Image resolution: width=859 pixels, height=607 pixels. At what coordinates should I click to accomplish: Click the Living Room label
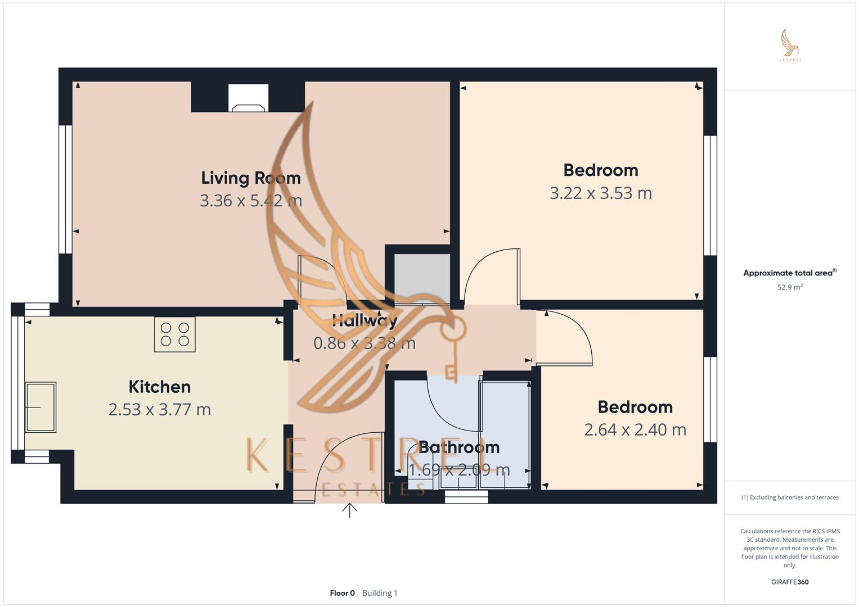(251, 178)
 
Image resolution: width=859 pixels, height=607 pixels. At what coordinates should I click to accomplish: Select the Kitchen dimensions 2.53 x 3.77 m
(160, 410)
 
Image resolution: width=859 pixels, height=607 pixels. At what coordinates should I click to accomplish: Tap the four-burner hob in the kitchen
(175, 334)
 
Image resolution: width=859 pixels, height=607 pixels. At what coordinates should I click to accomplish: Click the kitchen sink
(41, 407)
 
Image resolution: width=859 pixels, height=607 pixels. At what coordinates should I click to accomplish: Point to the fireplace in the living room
(248, 98)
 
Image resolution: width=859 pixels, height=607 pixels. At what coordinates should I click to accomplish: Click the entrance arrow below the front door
(350, 510)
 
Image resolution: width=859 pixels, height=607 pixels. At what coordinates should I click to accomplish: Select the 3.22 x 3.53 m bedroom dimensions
(601, 193)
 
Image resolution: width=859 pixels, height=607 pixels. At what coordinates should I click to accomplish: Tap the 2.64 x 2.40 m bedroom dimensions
(635, 430)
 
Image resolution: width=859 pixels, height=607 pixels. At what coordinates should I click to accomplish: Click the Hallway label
(365, 321)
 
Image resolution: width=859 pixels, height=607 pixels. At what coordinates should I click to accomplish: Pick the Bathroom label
(459, 447)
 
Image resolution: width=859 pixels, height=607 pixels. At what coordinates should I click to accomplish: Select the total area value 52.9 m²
(790, 287)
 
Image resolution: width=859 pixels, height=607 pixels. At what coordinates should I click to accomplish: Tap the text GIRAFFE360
(790, 582)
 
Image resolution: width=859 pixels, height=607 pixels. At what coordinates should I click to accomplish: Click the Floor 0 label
(342, 593)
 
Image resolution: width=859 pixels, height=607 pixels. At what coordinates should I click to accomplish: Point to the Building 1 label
(380, 593)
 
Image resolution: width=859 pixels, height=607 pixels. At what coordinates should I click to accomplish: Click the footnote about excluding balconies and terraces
(790, 497)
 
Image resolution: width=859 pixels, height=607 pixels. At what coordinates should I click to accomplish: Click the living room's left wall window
(65, 189)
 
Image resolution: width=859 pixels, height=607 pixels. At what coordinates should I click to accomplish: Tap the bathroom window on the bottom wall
(466, 497)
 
